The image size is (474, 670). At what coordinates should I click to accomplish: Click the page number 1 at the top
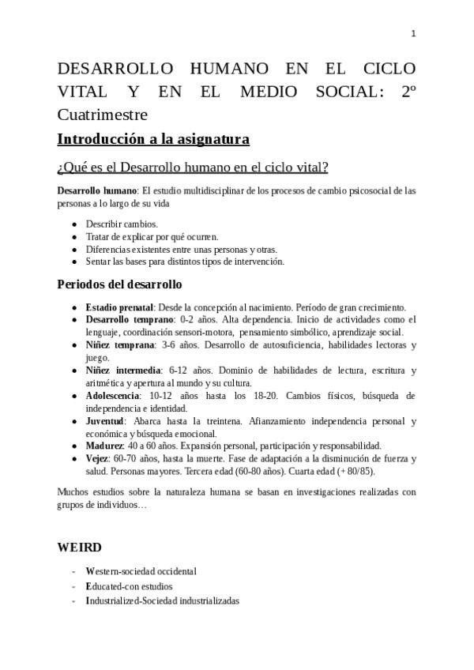pyautogui.click(x=413, y=33)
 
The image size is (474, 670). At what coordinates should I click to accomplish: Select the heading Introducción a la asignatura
pyautogui.click(x=153, y=140)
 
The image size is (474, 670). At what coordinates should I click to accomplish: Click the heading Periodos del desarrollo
pyautogui.click(x=119, y=284)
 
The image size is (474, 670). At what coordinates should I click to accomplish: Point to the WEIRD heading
pyautogui.click(x=79, y=547)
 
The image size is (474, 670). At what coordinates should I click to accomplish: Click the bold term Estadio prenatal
pyautogui.click(x=119, y=307)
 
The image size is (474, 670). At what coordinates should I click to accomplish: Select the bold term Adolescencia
pyautogui.click(x=113, y=395)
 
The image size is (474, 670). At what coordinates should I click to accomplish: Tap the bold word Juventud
pyautogui.click(x=107, y=420)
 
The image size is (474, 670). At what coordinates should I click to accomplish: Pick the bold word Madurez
pyautogui.click(x=105, y=446)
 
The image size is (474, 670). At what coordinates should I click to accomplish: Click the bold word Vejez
pyautogui.click(x=98, y=458)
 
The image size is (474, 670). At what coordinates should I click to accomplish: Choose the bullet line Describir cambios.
pyautogui.click(x=122, y=224)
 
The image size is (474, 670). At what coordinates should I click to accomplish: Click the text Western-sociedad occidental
pyautogui.click(x=141, y=571)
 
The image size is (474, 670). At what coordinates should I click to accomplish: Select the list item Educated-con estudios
pyautogui.click(x=129, y=586)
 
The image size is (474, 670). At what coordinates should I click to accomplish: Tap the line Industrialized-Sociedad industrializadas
pyautogui.click(x=163, y=600)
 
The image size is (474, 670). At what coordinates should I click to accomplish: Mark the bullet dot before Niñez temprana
pyautogui.click(x=74, y=345)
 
